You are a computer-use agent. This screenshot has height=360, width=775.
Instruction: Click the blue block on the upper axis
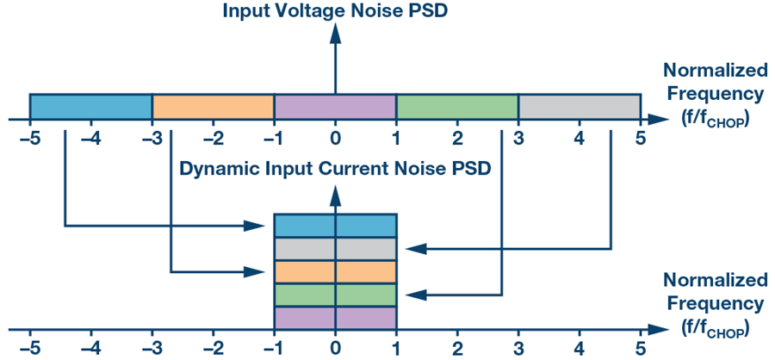91,106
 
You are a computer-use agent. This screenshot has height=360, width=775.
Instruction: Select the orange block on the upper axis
213,106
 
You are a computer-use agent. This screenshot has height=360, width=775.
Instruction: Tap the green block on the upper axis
457,106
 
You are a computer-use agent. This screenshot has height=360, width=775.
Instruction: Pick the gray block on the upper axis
580,106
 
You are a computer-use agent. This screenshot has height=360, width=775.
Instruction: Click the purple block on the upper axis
335,106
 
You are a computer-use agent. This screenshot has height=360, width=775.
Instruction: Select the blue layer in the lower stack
335,226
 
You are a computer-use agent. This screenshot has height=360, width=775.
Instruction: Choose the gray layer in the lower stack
335,249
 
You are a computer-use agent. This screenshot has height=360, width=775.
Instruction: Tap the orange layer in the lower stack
335,272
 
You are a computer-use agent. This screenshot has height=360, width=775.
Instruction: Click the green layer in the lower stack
335,295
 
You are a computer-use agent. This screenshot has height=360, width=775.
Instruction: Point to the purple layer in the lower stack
335,319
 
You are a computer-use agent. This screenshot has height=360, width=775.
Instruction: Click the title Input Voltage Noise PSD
335,11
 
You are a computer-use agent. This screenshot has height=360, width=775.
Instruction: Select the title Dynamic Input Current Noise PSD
335,168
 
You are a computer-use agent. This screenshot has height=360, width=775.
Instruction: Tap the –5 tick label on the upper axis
30,139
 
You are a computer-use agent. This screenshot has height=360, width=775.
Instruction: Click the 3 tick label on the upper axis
518,139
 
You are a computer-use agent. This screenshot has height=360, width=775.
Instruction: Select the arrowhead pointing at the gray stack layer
415,249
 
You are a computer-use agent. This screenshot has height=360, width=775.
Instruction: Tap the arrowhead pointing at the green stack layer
415,295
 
